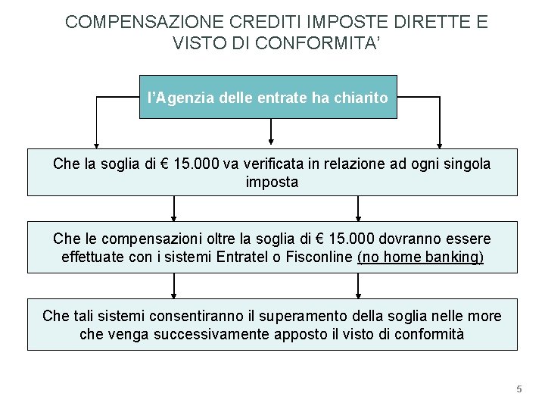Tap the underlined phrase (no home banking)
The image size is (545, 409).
pos(420,258)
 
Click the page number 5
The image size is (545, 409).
pos(519,389)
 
